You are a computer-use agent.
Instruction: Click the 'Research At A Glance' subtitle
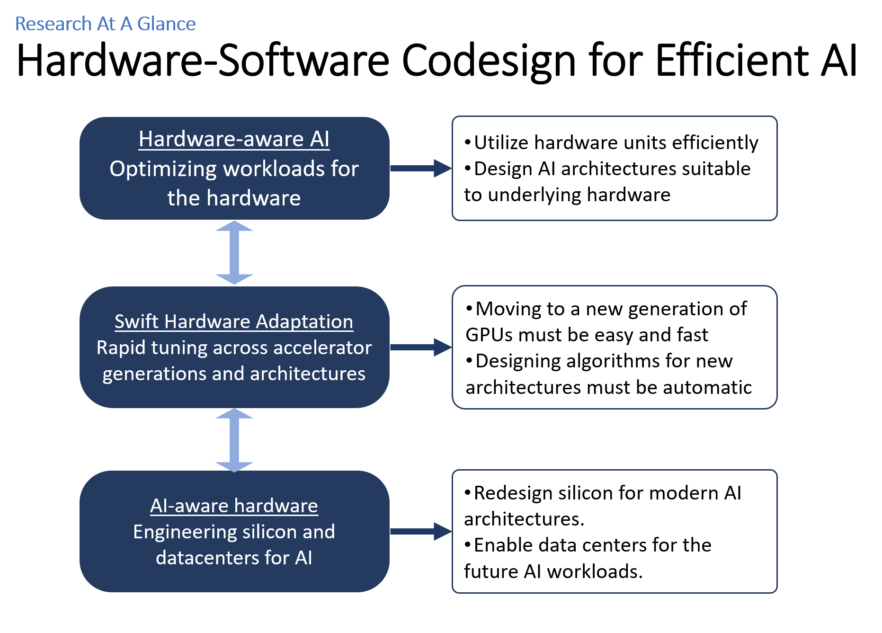tap(105, 24)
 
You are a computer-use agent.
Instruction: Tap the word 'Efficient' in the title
tap(732, 61)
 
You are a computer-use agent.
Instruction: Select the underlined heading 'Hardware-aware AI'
tap(234, 139)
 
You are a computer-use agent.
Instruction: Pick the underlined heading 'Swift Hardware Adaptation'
tap(234, 321)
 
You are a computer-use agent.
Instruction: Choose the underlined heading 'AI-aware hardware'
tap(234, 506)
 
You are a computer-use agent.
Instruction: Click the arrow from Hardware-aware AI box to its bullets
tap(420, 168)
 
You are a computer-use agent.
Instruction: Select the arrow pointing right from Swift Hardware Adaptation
tap(420, 347)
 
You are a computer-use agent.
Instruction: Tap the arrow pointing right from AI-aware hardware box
tap(420, 531)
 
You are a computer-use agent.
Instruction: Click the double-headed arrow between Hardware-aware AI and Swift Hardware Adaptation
tap(234, 252)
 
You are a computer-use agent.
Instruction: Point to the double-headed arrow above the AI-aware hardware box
tap(234, 440)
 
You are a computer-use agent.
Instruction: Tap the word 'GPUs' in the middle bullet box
tap(489, 335)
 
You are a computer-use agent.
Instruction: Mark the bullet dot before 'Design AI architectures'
tap(468, 168)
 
